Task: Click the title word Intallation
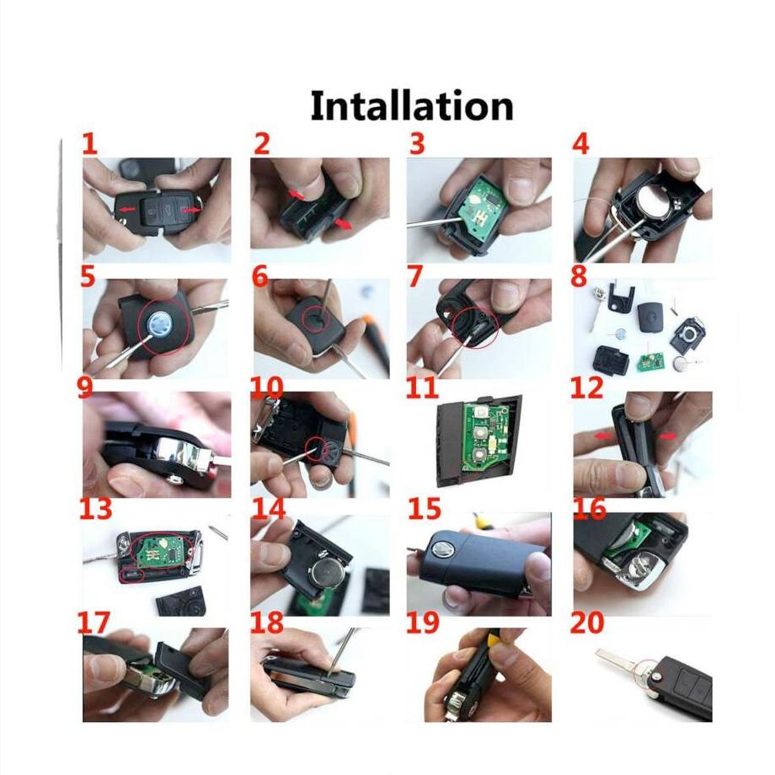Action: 412,106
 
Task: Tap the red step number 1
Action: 89,144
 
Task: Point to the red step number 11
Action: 421,388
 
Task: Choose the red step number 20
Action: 586,623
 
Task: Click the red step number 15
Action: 424,509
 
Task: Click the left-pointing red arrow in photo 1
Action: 127,210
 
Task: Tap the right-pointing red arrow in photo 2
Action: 343,225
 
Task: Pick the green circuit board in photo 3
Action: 479,206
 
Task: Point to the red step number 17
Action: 94,623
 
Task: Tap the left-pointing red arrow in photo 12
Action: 602,436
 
